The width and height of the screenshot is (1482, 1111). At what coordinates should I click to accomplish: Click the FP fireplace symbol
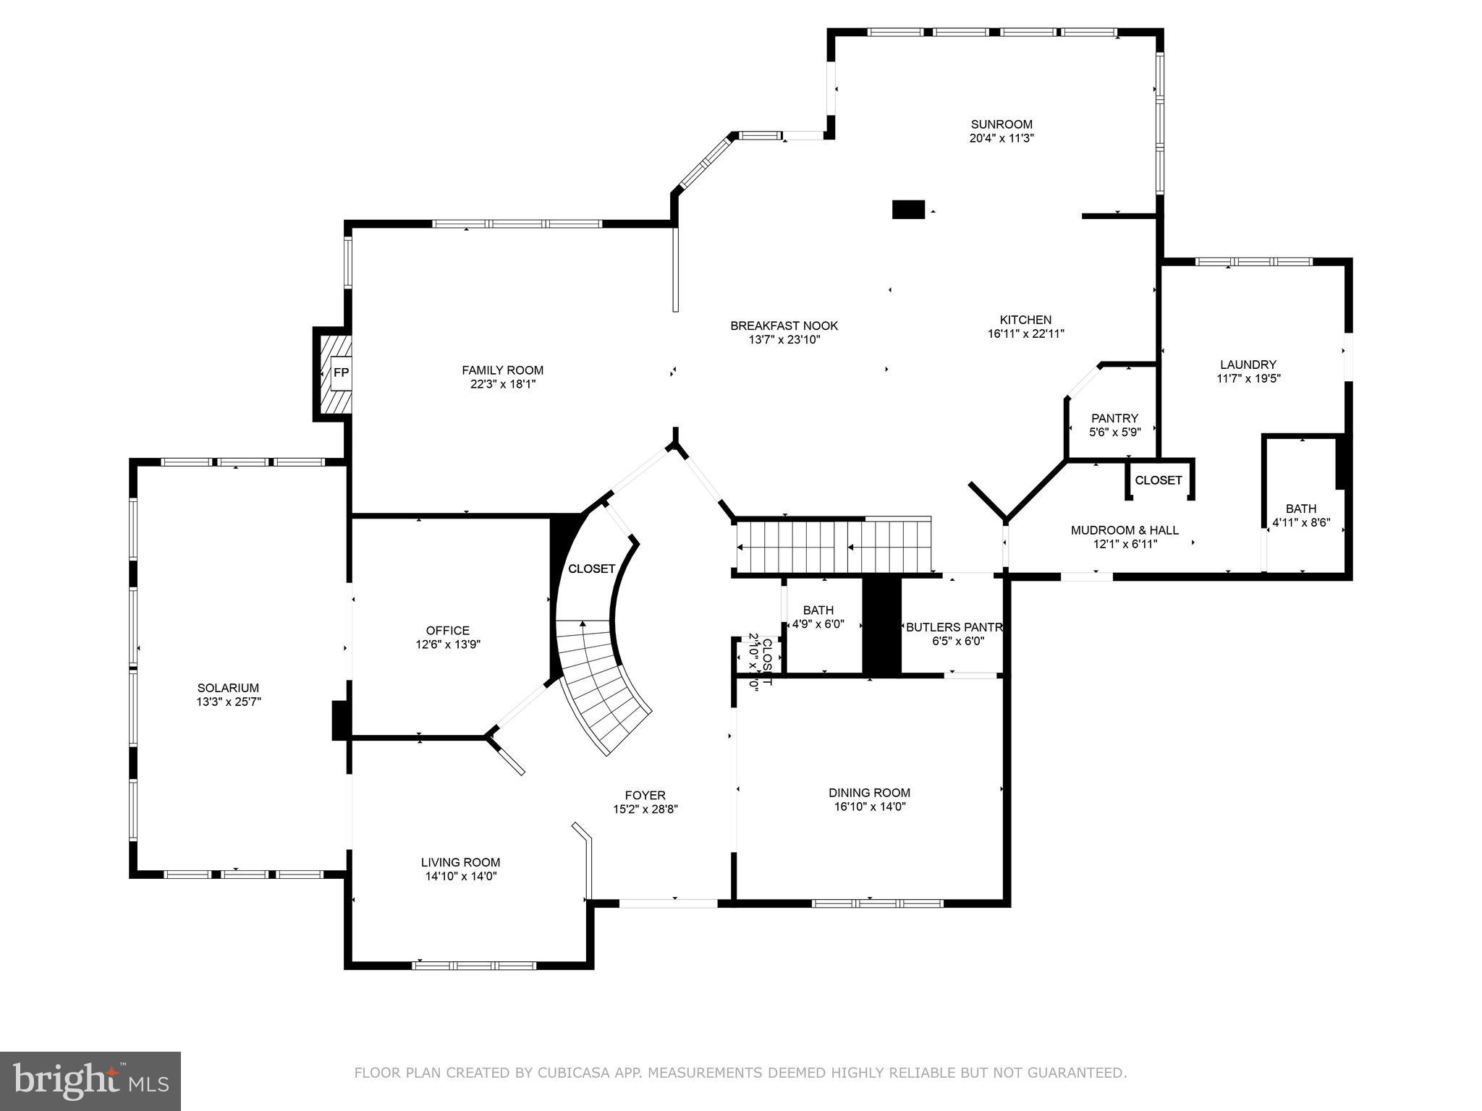340,373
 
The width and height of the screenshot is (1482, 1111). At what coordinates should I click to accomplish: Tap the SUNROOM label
1002,124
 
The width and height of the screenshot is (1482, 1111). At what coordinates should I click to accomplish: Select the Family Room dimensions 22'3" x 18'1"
502,384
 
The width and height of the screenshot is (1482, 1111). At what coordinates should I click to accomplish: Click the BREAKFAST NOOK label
784,326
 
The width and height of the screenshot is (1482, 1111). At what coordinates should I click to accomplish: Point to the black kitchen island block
908,210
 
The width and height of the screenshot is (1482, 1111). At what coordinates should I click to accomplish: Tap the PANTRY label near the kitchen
1114,418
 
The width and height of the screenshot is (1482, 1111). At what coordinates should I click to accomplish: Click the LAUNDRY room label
1248,365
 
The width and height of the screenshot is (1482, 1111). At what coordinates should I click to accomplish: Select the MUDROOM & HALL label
1125,530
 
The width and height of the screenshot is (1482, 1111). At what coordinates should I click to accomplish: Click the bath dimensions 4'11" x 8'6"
1301,522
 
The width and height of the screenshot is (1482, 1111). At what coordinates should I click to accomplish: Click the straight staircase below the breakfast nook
832,546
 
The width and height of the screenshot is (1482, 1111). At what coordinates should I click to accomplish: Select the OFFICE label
447,631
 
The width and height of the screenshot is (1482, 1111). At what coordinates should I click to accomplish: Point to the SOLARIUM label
228,688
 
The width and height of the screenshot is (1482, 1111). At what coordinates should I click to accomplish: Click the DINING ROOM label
869,793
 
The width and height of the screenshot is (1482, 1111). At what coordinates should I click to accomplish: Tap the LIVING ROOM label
460,862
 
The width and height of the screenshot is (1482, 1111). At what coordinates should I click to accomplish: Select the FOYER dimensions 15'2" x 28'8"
645,809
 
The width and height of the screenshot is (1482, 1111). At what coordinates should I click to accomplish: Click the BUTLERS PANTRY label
954,627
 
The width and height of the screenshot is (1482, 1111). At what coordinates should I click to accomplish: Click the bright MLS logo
90,1081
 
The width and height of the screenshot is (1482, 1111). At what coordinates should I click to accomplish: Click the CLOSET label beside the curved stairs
591,569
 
